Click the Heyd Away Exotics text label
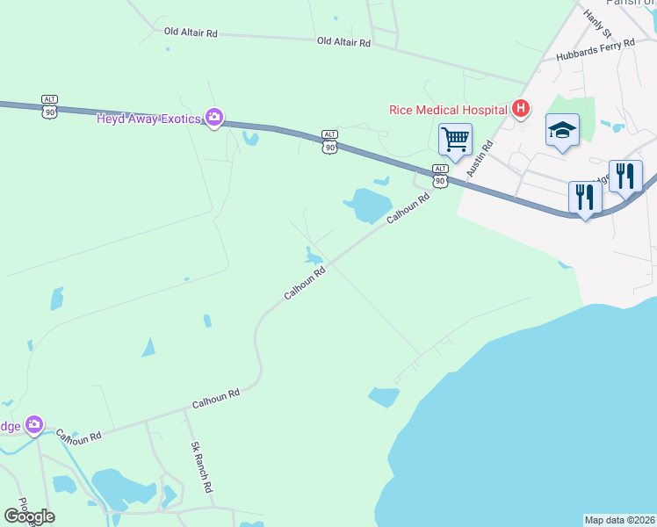point(150,118)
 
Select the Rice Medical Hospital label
point(449,110)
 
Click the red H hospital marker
point(521,109)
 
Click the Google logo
point(29,516)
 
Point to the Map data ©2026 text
point(620,520)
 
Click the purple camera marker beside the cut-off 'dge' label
point(34,425)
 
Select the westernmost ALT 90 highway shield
point(49,105)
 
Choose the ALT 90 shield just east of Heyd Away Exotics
point(329,141)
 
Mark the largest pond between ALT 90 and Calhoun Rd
point(367,206)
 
